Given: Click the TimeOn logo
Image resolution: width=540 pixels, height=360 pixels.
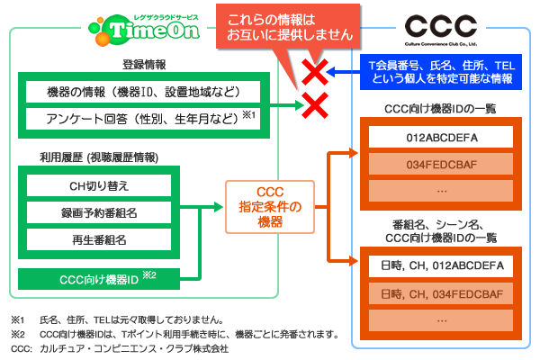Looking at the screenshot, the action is click(x=144, y=30).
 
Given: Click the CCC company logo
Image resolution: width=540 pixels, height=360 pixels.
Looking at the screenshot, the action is click(x=441, y=30).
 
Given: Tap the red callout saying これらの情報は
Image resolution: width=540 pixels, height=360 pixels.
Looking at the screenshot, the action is click(x=288, y=27).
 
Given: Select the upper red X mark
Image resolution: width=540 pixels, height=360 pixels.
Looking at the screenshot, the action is click(x=315, y=72).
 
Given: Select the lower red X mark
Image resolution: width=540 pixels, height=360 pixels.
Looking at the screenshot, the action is click(x=315, y=105).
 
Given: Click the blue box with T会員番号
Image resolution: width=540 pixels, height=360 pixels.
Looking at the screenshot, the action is click(x=441, y=72).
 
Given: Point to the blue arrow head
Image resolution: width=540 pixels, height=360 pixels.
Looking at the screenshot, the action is click(x=331, y=72).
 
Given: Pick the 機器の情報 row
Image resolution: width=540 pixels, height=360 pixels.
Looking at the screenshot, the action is click(x=143, y=92).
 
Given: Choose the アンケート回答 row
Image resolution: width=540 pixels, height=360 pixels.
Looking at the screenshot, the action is click(x=143, y=119).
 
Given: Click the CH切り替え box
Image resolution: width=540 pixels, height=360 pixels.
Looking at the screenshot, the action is click(x=99, y=185).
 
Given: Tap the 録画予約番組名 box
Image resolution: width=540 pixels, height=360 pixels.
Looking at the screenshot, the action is click(x=99, y=212).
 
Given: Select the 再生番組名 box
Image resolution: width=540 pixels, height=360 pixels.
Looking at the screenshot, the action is click(x=99, y=239).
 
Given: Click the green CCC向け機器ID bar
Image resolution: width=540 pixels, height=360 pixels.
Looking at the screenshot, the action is click(x=99, y=279).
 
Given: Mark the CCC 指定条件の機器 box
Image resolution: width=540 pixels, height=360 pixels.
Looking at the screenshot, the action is click(x=270, y=207).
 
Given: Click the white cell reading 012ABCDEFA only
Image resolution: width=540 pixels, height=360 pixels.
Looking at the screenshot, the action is click(x=441, y=137).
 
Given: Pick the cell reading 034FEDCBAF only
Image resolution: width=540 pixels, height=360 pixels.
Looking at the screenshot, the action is click(x=441, y=164).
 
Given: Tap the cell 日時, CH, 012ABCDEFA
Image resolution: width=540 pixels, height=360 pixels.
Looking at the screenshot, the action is click(x=441, y=266).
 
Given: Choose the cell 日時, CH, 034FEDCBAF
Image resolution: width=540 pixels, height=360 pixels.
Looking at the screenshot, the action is click(x=441, y=294).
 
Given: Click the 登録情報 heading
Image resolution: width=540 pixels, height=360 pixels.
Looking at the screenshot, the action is click(x=144, y=65).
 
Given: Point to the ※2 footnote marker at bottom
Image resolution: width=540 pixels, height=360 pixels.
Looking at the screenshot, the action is click(x=18, y=334).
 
